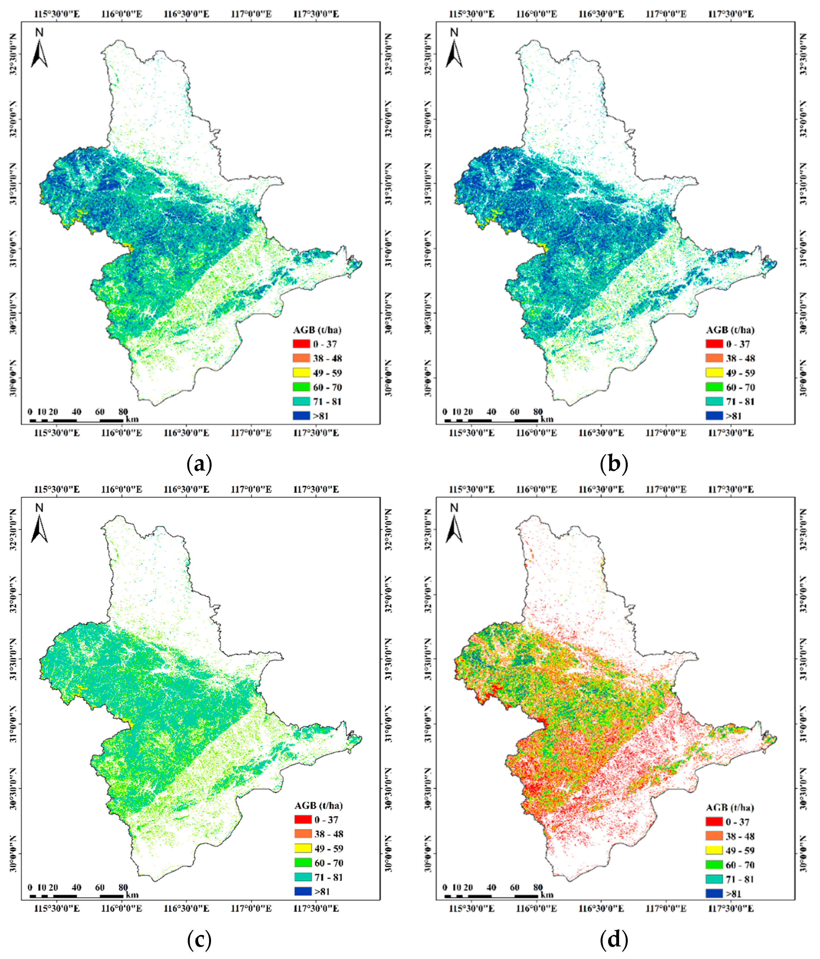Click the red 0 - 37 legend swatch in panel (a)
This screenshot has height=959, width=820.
coord(301,344)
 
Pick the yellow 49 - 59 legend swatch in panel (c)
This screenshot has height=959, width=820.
coord(303,848)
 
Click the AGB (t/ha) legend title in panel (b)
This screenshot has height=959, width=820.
coord(730,330)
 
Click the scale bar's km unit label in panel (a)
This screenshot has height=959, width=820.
coord(132,420)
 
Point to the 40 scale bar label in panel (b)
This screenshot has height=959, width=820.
coord(491,412)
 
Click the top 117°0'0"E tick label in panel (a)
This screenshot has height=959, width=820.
coord(251,14)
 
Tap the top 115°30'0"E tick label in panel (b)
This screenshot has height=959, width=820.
coord(472,14)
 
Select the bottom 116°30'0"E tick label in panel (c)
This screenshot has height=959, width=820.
coord(186,909)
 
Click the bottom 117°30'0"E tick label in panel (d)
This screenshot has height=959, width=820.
coord(731,909)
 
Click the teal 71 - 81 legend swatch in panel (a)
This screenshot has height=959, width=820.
coord(301,401)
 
